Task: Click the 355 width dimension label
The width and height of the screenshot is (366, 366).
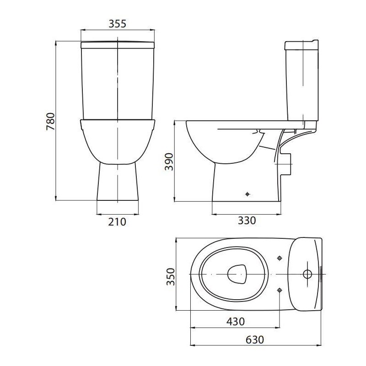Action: pos(118,24)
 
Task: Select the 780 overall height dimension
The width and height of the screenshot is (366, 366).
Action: pos(50,122)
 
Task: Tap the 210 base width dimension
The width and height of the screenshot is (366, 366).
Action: pos(117,222)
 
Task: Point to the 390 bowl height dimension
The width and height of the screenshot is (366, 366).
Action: pos(169,162)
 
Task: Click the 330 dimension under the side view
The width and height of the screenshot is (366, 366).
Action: pos(247,221)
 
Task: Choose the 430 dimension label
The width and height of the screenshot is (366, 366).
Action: pos(236,322)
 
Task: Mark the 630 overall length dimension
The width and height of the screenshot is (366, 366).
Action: pos(255,339)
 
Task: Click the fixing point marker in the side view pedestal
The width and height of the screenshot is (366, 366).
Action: pos(248,194)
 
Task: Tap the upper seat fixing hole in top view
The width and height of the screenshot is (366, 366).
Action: pos(280,258)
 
